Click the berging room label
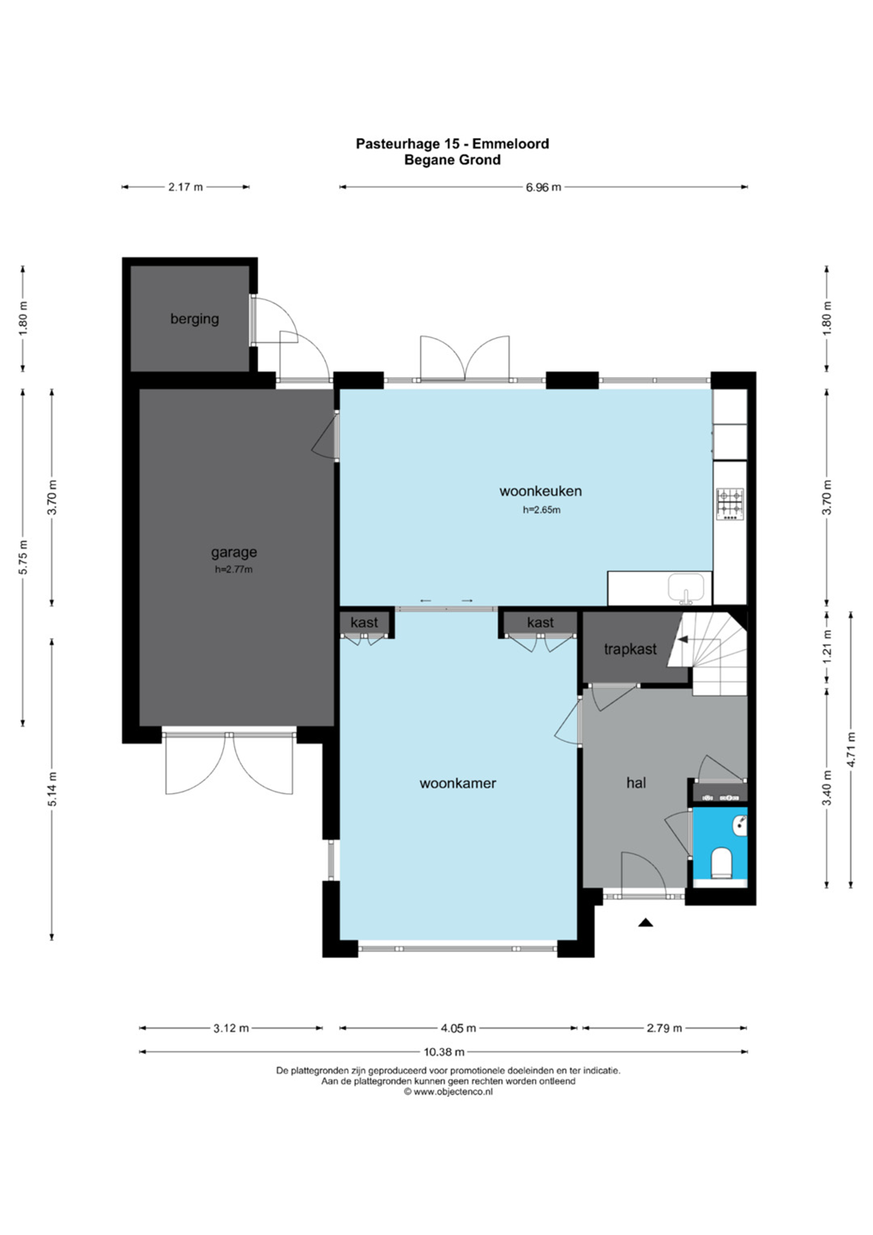194,319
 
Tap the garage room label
233,552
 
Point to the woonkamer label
457,783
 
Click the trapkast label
630,649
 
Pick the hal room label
636,782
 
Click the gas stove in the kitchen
730,504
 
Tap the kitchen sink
686,587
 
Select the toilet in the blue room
721,864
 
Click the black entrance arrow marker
646,922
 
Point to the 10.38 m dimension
443,1051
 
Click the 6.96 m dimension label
543,187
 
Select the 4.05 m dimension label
457,1027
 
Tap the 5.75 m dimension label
23,557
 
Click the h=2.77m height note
233,569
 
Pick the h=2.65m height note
541,510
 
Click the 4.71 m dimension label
851,750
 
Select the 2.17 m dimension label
185,187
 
